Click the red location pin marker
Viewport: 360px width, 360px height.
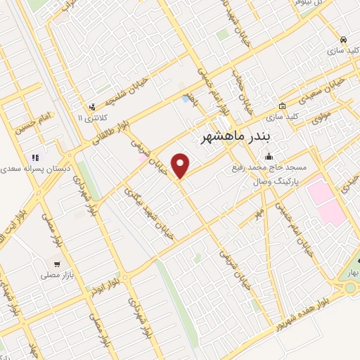181,165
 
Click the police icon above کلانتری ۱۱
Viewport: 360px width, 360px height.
92,108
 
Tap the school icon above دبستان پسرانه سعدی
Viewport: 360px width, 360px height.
33,157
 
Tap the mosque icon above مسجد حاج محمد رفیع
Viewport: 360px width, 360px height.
267,157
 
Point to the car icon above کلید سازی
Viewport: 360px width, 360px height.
342,39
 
